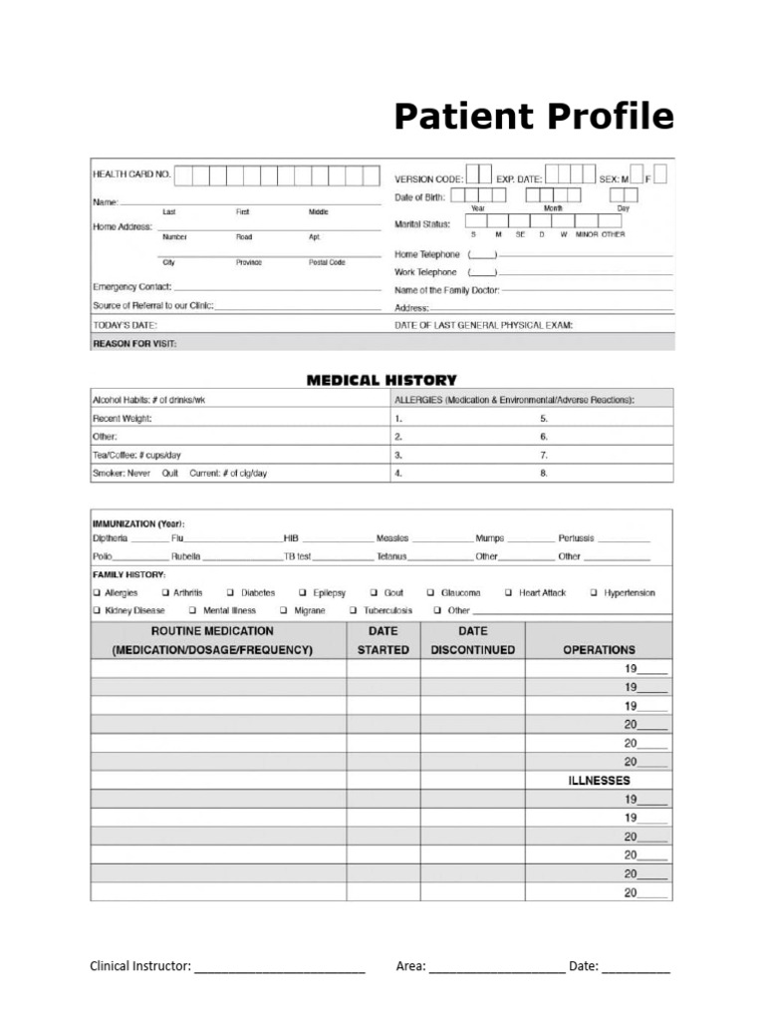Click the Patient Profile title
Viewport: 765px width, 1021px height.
coord(533,118)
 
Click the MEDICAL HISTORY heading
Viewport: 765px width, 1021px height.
coord(382,380)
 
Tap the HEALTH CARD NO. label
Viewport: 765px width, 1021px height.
coord(131,174)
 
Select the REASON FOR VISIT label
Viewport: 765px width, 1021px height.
coord(133,343)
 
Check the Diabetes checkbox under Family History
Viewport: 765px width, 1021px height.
coord(231,592)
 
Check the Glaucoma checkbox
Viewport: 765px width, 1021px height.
coord(431,592)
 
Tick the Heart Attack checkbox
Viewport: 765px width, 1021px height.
coord(509,592)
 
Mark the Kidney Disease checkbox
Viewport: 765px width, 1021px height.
coord(96,610)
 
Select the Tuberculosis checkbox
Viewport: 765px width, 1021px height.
coord(354,610)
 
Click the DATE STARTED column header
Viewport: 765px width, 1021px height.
coord(382,640)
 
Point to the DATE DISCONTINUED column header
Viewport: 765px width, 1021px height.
coord(472,640)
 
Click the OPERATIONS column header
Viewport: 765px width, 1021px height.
coord(599,649)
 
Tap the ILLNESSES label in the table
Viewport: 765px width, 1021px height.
coord(599,781)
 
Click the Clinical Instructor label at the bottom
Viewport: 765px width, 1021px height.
coord(139,966)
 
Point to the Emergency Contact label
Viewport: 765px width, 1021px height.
coord(131,287)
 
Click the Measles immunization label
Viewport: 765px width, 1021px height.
coord(391,538)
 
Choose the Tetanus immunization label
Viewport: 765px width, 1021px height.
coord(391,556)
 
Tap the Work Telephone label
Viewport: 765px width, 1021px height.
coord(425,271)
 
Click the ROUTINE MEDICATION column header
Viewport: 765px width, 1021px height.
coord(212,640)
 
